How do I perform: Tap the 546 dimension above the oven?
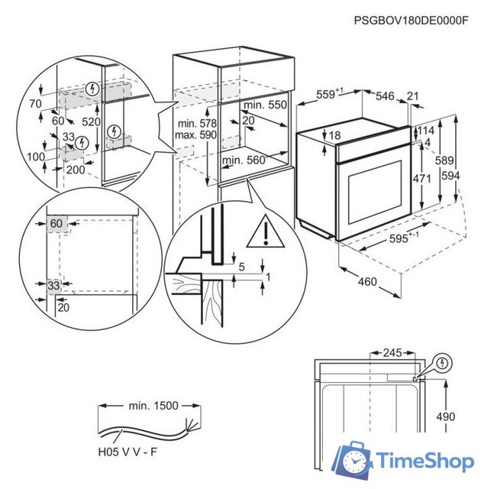[x=385, y=96]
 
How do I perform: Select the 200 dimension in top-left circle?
[x=75, y=170]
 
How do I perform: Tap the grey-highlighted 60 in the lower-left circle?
[x=56, y=223]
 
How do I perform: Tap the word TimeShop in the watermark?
[x=425, y=461]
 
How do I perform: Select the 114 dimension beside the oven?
[x=426, y=131]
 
